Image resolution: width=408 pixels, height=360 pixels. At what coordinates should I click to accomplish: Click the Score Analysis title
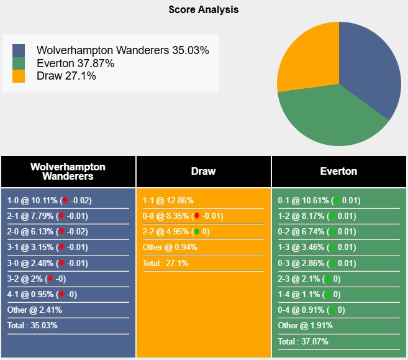tap(203, 10)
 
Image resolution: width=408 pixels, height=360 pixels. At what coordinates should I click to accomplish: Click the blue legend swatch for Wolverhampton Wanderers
tap(19, 50)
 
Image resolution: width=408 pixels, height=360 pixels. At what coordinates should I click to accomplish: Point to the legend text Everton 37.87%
tap(75, 63)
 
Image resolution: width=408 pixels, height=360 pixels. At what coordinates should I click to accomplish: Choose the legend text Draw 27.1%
tap(66, 76)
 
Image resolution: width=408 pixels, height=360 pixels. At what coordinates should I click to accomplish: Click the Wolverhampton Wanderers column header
tap(68, 172)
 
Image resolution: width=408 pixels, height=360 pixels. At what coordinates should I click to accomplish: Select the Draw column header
tap(203, 172)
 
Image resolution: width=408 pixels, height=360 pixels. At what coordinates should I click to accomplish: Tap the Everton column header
tap(338, 172)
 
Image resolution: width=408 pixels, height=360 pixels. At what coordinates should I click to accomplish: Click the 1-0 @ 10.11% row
tap(50, 200)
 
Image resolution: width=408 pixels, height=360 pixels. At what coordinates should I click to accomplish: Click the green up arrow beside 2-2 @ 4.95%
tap(197, 232)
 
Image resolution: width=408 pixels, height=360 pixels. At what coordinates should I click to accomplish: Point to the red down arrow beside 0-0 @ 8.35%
tap(197, 216)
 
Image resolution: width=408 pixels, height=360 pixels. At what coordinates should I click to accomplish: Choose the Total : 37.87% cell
tap(303, 341)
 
